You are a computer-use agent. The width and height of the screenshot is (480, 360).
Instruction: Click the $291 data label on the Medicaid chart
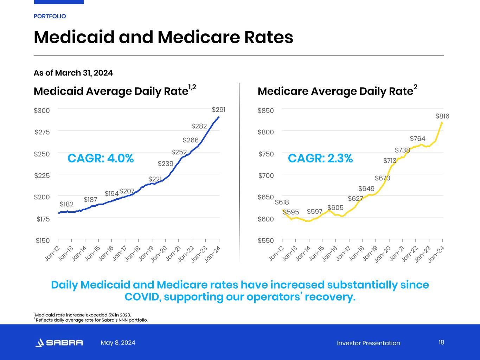point(218,110)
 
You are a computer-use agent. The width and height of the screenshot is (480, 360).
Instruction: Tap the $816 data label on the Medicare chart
point(442,116)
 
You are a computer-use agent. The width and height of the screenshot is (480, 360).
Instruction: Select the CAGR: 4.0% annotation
point(101,159)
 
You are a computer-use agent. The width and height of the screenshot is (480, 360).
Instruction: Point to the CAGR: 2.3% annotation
point(320,159)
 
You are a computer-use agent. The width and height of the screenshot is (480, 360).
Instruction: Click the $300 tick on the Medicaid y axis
point(42,110)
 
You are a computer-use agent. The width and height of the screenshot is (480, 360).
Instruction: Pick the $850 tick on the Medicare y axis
point(265,110)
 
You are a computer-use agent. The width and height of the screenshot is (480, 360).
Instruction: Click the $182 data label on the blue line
point(66,204)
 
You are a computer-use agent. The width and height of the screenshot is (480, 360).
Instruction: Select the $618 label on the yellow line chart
point(282,202)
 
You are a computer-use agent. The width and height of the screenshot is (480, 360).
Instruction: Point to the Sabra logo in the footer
point(59,343)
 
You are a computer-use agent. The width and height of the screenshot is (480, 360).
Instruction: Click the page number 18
point(441,342)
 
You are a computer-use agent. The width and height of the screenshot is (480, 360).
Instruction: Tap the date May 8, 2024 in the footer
point(118,343)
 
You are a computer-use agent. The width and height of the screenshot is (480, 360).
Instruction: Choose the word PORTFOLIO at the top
point(50,16)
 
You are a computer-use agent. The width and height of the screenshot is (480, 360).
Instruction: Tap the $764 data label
point(417,139)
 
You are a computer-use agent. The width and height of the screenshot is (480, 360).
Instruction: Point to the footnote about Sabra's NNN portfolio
point(91,320)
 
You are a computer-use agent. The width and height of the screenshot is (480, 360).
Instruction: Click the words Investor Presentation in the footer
point(368,343)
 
